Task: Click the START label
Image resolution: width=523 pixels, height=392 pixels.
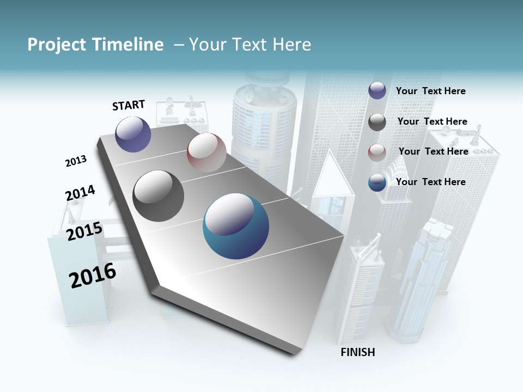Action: [x=129, y=105]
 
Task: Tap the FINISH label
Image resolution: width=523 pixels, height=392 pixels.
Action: [x=357, y=352]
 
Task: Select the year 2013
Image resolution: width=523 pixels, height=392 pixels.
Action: [x=76, y=161]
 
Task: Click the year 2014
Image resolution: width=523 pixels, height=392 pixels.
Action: [x=80, y=193]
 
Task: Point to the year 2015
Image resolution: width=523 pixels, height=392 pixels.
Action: [x=84, y=231]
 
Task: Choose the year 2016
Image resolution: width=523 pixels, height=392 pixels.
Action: [x=93, y=275]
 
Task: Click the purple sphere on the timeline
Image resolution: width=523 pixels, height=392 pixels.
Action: [x=133, y=134]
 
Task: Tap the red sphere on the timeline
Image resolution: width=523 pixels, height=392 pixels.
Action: [x=206, y=152]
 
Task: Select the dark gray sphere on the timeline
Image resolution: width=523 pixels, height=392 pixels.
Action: [x=159, y=196]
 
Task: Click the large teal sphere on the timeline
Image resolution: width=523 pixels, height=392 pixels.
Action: [x=236, y=225]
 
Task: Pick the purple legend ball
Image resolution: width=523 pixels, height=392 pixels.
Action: [x=377, y=90]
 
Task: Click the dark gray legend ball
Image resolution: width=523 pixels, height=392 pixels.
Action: [x=377, y=122]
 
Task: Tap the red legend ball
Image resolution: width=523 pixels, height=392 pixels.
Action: [x=377, y=152]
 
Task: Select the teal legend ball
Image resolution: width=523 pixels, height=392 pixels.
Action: [x=377, y=182]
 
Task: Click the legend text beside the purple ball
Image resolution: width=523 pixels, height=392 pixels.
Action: [x=430, y=91]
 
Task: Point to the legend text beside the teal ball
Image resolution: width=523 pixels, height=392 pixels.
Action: [x=430, y=182]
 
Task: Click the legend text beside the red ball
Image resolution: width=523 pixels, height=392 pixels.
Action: [x=433, y=151]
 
